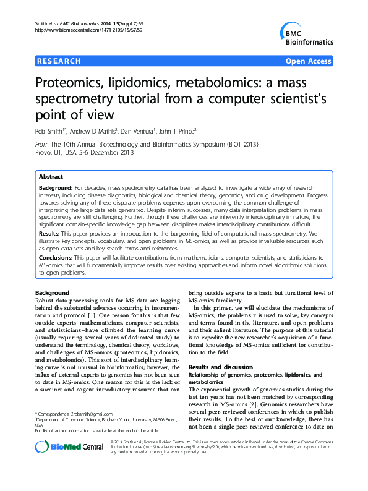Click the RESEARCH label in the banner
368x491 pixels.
point(59,61)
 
